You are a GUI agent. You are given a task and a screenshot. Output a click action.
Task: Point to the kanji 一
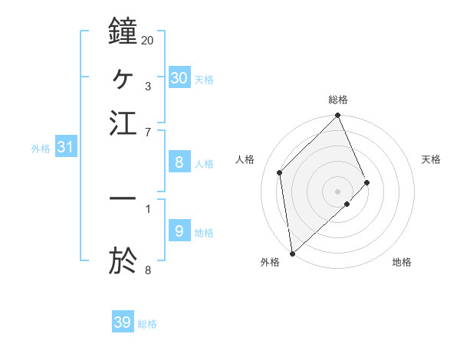click(x=123, y=198)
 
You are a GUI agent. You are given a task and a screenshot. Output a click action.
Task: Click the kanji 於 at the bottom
click(x=123, y=260)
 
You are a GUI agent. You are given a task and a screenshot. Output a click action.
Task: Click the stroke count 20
click(x=147, y=39)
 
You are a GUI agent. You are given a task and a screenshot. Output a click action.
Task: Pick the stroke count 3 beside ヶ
click(x=147, y=86)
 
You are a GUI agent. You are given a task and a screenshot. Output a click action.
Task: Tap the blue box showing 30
click(x=179, y=77)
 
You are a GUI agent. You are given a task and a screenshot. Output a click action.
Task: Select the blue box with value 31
click(x=65, y=147)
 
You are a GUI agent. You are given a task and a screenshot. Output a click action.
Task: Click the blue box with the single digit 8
click(x=179, y=162)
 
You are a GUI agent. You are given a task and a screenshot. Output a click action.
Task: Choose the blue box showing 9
click(x=179, y=231)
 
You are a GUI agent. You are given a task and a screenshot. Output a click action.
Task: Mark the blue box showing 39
click(x=123, y=322)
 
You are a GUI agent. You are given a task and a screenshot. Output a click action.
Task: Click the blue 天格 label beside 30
click(x=204, y=80)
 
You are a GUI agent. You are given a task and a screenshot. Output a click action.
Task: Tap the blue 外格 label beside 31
click(x=41, y=149)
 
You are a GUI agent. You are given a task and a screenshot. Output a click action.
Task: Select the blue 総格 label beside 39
click(x=147, y=324)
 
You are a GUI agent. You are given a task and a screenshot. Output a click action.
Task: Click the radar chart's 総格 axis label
click(x=338, y=100)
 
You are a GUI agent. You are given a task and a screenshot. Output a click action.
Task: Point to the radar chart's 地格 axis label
click(x=402, y=262)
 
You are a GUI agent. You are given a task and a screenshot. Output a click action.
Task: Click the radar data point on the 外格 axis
click(x=292, y=253)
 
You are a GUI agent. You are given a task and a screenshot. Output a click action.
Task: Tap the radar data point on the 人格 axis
click(x=280, y=172)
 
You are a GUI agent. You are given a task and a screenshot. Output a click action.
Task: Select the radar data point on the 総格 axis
click(x=338, y=116)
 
